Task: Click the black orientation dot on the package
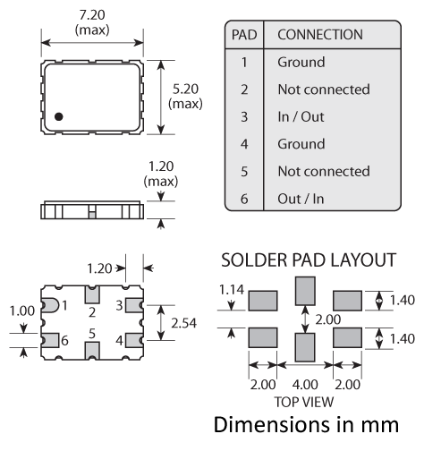click(59, 116)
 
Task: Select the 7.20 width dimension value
click(92, 15)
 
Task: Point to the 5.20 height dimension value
click(185, 89)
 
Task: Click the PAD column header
click(244, 35)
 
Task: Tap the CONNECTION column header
click(320, 35)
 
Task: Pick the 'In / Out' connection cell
click(301, 116)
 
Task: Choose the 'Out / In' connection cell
click(301, 199)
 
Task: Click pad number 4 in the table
click(244, 144)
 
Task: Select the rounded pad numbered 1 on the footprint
click(50, 305)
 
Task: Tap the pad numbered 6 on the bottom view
click(50, 340)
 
